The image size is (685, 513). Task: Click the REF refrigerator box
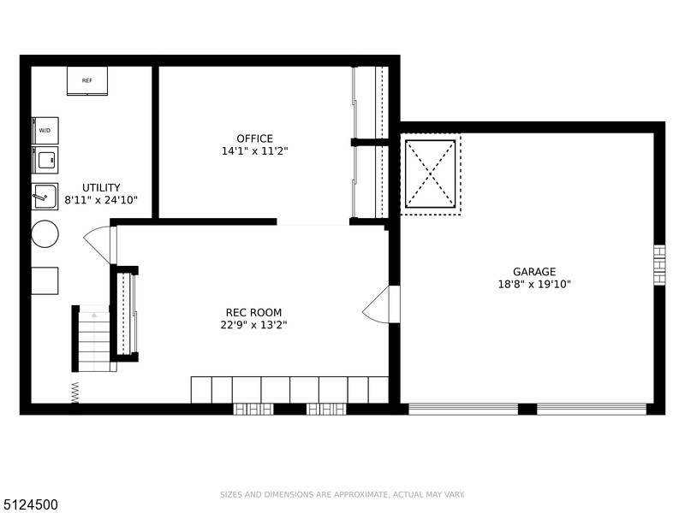pos(87,80)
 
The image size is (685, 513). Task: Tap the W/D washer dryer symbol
pos(45,131)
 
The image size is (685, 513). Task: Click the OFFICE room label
pos(254,139)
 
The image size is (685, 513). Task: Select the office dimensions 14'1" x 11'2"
pos(254,151)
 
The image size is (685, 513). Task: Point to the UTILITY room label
pos(101,187)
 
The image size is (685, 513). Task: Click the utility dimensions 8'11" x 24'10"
pos(101,200)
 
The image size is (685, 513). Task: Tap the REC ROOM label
pos(253,312)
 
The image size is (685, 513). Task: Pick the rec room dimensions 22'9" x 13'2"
pos(253,325)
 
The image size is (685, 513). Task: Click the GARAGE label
pos(534,272)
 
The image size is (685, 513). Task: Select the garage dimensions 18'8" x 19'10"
pos(534,285)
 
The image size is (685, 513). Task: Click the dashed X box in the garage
pos(431,174)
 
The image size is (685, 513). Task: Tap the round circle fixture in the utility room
pos(45,234)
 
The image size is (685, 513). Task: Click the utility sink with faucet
pos(45,197)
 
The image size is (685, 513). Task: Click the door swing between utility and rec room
pos(97,245)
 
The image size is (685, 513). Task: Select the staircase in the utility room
pos(94,339)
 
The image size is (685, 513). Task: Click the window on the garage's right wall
pos(659,265)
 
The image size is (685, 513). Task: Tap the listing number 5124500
pos(29,504)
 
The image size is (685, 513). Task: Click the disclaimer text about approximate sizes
pos(342,495)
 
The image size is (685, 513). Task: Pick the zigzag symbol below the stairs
pos(75,392)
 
